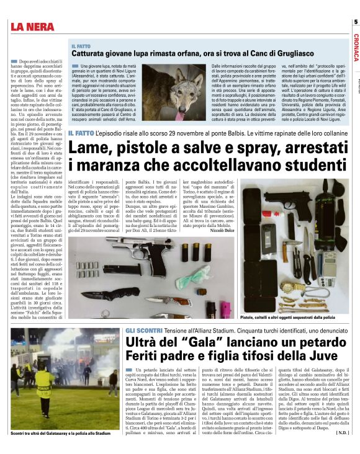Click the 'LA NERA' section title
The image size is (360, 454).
tap(35, 26)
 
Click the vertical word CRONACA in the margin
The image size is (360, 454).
tap(355, 47)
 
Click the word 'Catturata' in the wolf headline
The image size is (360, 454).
tap(89, 54)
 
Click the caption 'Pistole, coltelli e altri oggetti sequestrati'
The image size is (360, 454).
tap(287, 317)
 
